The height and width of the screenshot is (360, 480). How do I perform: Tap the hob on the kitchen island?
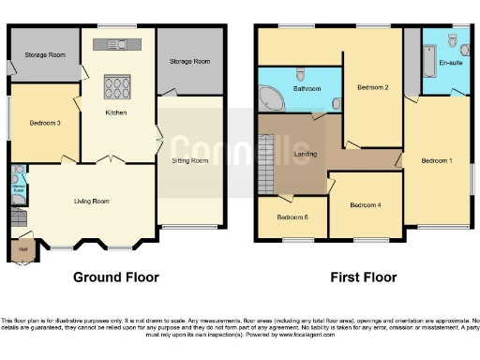click(x=118, y=86)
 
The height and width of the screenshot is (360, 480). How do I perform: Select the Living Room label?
click(x=92, y=201)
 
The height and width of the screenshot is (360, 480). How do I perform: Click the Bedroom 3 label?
click(x=45, y=123)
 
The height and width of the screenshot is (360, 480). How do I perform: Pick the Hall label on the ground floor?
click(x=22, y=248)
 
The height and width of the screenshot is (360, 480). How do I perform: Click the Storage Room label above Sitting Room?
click(x=190, y=61)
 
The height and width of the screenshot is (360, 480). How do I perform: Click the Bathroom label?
click(x=307, y=88)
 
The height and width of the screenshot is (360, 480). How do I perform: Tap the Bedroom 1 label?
click(x=437, y=160)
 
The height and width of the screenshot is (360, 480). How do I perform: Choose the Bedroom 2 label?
click(x=373, y=87)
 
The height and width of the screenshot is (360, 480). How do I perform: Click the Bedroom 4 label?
click(x=366, y=204)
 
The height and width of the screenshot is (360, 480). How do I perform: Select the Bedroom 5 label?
click(x=292, y=217)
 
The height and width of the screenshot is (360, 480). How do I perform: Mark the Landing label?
click(x=304, y=154)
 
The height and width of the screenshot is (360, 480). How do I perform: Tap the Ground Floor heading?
click(x=116, y=277)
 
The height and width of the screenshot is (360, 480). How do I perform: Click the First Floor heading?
click(x=364, y=277)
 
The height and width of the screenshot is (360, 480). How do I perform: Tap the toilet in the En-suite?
click(x=454, y=40)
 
